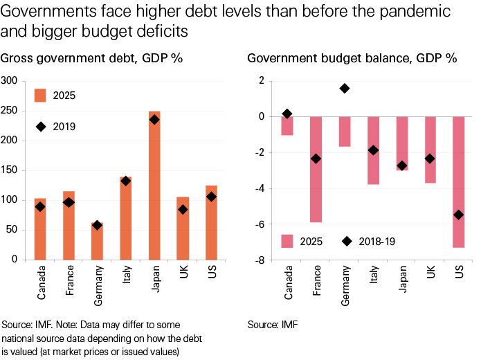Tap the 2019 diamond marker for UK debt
pos(183,209)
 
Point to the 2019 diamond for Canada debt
pos(41,206)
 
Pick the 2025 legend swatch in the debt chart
pos(40,95)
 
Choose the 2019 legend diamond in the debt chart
pos(40,126)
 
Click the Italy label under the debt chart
pos(125,279)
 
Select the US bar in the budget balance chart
pos(458,181)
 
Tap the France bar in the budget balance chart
pos(316,169)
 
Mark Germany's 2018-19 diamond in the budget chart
pos(344,89)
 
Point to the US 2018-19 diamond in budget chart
pos(458,215)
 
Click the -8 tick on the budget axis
pos(261,260)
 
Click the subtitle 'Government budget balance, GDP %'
pos(352,58)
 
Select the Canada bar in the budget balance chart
pos(287,125)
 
